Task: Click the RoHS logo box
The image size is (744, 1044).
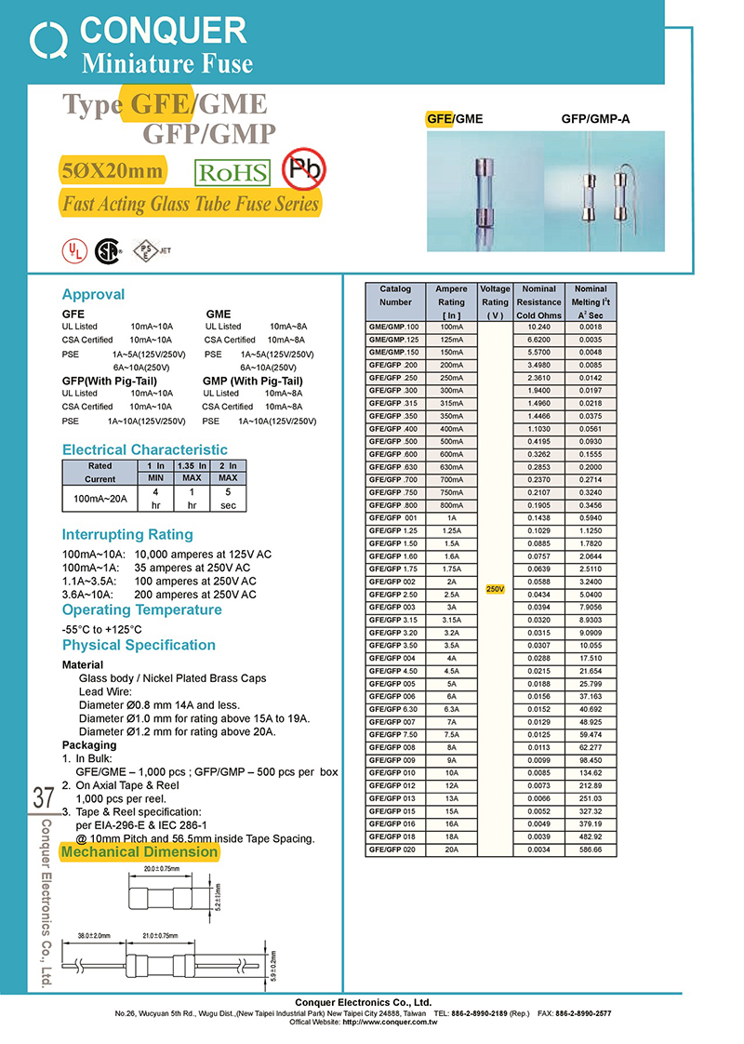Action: click(232, 173)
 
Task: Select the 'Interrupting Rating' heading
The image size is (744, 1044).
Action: click(127, 534)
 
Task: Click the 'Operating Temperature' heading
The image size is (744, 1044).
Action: click(141, 609)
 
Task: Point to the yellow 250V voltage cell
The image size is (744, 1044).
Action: click(495, 590)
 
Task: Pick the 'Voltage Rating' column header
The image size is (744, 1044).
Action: click(495, 301)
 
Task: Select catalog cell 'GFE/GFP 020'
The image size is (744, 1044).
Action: click(395, 849)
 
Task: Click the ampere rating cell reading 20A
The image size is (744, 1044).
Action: click(451, 849)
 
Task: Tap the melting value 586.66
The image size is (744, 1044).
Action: click(591, 849)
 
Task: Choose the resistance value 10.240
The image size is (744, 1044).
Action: click(539, 328)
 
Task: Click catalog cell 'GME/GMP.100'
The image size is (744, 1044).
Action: click(395, 328)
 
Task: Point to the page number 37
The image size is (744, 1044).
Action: click(43, 797)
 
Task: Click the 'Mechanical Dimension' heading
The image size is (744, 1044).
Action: click(139, 851)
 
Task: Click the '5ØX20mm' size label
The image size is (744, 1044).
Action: click(112, 171)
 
